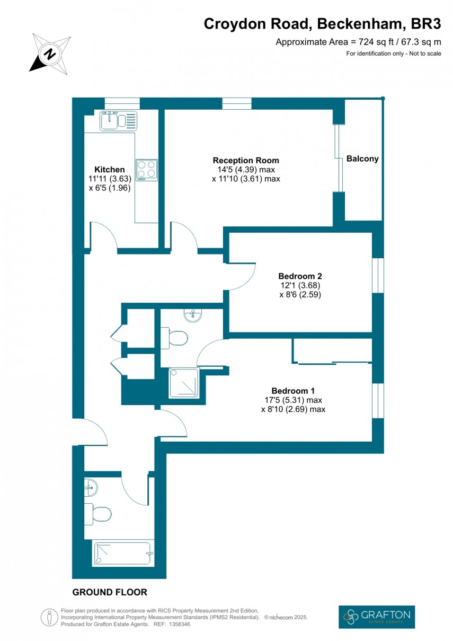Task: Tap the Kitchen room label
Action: [x=110, y=170]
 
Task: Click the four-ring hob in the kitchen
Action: [x=147, y=169]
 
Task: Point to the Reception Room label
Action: [x=246, y=160]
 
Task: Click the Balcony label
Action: [x=362, y=159]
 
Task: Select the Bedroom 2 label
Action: [x=300, y=276]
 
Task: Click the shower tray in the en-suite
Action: [x=183, y=383]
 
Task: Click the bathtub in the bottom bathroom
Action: [x=123, y=554]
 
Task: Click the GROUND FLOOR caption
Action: [x=110, y=592]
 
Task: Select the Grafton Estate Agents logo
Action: [x=377, y=617]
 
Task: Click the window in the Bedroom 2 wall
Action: [x=377, y=275]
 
